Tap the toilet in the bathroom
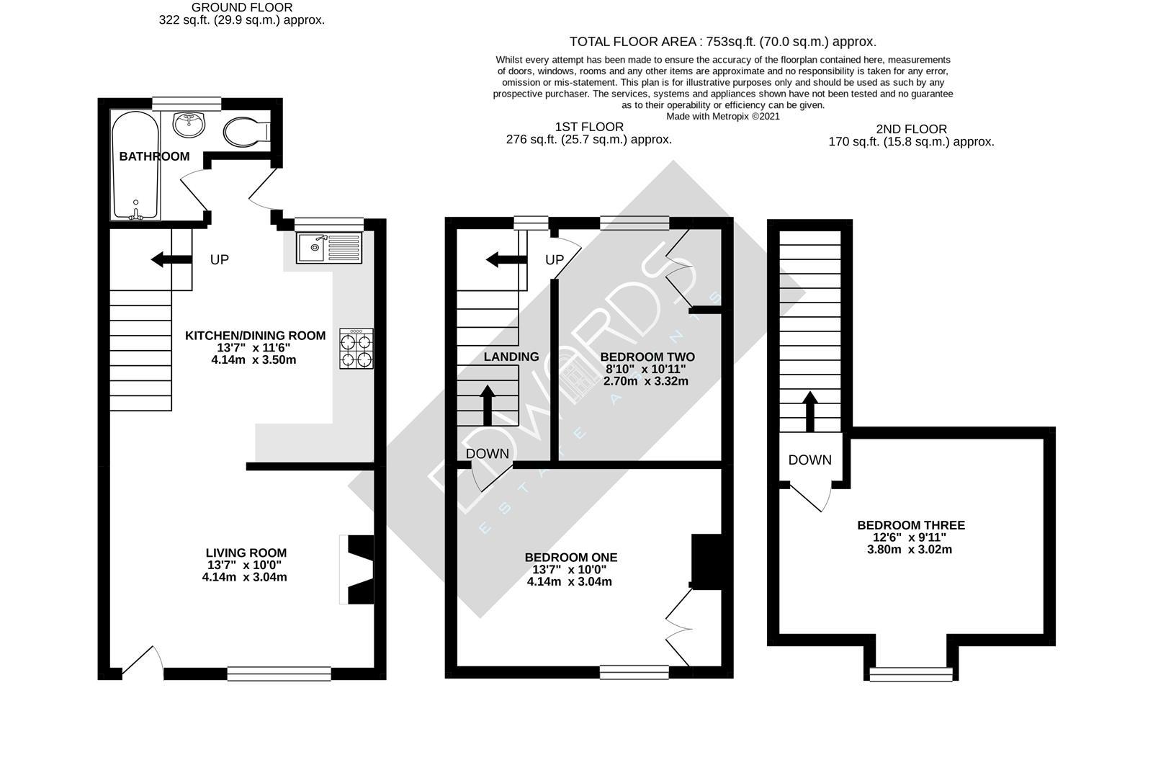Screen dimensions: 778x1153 click(243, 133)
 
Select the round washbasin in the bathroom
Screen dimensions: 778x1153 click(189, 123)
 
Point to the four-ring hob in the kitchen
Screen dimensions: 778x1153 click(356, 349)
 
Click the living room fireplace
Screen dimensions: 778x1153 click(359, 569)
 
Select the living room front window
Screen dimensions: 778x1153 click(279, 674)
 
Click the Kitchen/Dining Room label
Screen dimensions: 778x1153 click(255, 336)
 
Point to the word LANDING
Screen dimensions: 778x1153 click(511, 357)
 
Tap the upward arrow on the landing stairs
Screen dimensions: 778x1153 click(488, 405)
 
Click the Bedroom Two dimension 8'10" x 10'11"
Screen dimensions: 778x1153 click(647, 369)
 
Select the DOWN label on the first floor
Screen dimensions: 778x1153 click(487, 454)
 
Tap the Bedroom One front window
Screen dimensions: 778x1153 click(634, 672)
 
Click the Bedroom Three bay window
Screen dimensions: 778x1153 click(911, 674)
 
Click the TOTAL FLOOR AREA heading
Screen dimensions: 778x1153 click(722, 42)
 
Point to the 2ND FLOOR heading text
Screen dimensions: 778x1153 click(911, 129)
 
